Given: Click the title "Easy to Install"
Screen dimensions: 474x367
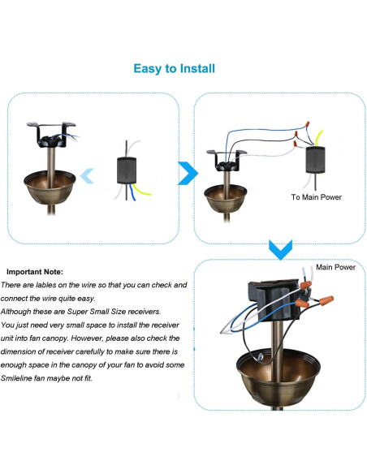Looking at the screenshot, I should (174, 68).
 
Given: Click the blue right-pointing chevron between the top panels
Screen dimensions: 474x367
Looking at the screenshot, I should (188, 172).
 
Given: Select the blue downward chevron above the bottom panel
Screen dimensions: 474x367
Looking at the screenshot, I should (279, 248).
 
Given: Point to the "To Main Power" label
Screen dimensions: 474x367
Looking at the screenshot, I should (316, 197).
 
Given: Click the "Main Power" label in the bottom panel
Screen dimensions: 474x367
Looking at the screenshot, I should (335, 267).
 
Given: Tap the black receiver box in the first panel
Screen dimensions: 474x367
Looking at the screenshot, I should (126, 169).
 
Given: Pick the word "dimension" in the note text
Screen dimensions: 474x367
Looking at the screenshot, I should (26, 351).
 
